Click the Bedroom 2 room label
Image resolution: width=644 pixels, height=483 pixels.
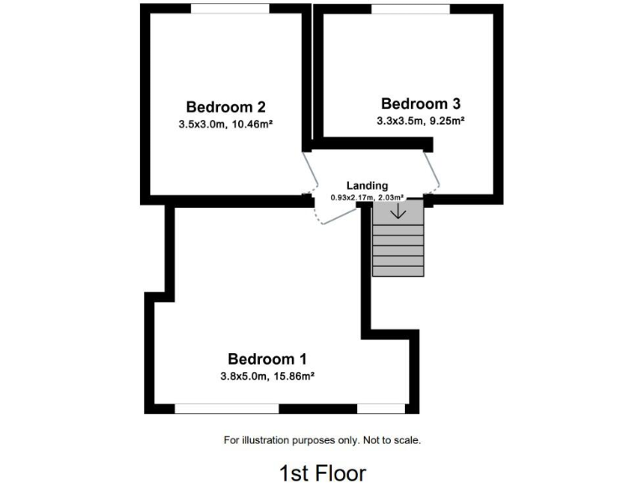pyautogui.click(x=226, y=107)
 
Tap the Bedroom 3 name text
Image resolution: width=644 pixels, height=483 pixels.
pyautogui.click(x=420, y=104)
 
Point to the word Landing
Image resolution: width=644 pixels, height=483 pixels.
pyautogui.click(x=367, y=185)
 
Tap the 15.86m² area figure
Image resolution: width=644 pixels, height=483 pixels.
pyautogui.click(x=290, y=377)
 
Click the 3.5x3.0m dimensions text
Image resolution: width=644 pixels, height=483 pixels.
pyautogui.click(x=200, y=124)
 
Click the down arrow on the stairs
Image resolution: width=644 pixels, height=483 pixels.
pyautogui.click(x=398, y=211)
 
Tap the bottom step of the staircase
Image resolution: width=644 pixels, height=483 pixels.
pyautogui.click(x=398, y=270)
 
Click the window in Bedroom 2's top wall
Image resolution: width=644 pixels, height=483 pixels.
pyautogui.click(x=230, y=8)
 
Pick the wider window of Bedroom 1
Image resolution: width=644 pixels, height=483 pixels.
pyautogui.click(x=226, y=408)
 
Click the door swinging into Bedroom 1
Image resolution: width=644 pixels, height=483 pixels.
pyautogui.click(x=334, y=214)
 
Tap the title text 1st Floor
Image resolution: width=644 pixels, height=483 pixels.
pyautogui.click(x=322, y=472)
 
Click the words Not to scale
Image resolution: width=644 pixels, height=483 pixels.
pyautogui.click(x=391, y=439)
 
